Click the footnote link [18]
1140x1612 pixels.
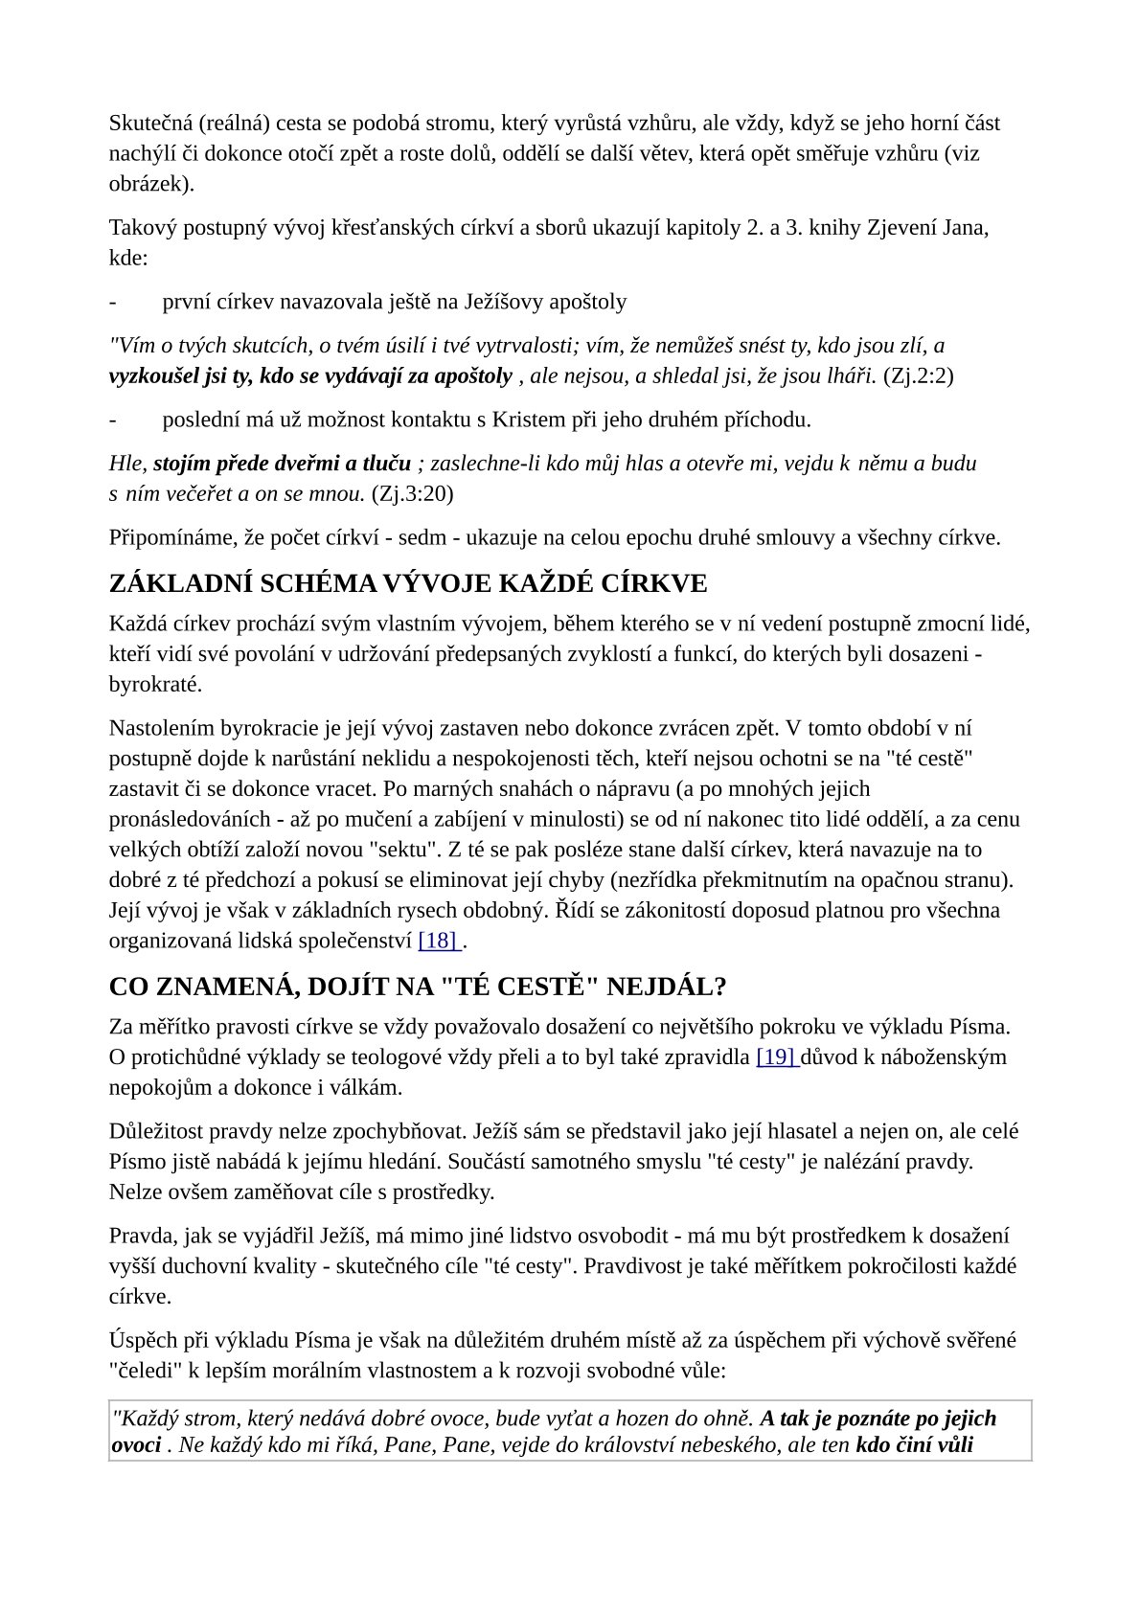pos(439,941)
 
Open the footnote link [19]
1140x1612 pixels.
pos(776,1057)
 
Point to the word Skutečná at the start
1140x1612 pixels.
pos(149,124)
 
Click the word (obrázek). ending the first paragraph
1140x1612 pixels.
pos(151,184)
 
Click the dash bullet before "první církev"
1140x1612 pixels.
pos(114,303)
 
